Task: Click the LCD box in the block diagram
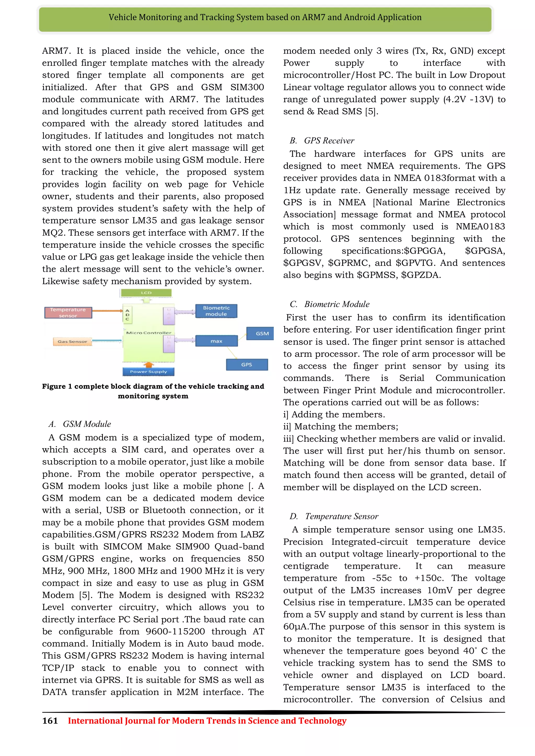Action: pyautogui.click(x=146, y=293)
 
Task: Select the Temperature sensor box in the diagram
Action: pyautogui.click(x=68, y=312)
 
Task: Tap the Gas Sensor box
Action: pyautogui.click(x=72, y=341)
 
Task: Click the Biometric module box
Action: pyautogui.click(x=216, y=311)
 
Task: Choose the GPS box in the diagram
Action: pyautogui.click(x=247, y=364)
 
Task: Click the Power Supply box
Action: pyautogui.click(x=148, y=372)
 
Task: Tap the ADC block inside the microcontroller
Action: pyautogui.click(x=127, y=315)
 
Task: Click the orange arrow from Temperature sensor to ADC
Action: pyautogui.click(x=107, y=310)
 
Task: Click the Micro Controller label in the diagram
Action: pyautogui.click(x=149, y=333)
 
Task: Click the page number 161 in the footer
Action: pyautogui.click(x=50, y=721)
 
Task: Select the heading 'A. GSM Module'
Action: pyautogui.click(x=80, y=424)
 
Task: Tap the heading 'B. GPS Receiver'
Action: pyautogui.click(x=322, y=141)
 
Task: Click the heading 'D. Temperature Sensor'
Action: pyautogui.click(x=334, y=516)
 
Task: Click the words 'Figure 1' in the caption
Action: pyautogui.click(x=57, y=386)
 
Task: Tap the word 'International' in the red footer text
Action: pyautogui.click(x=95, y=721)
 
